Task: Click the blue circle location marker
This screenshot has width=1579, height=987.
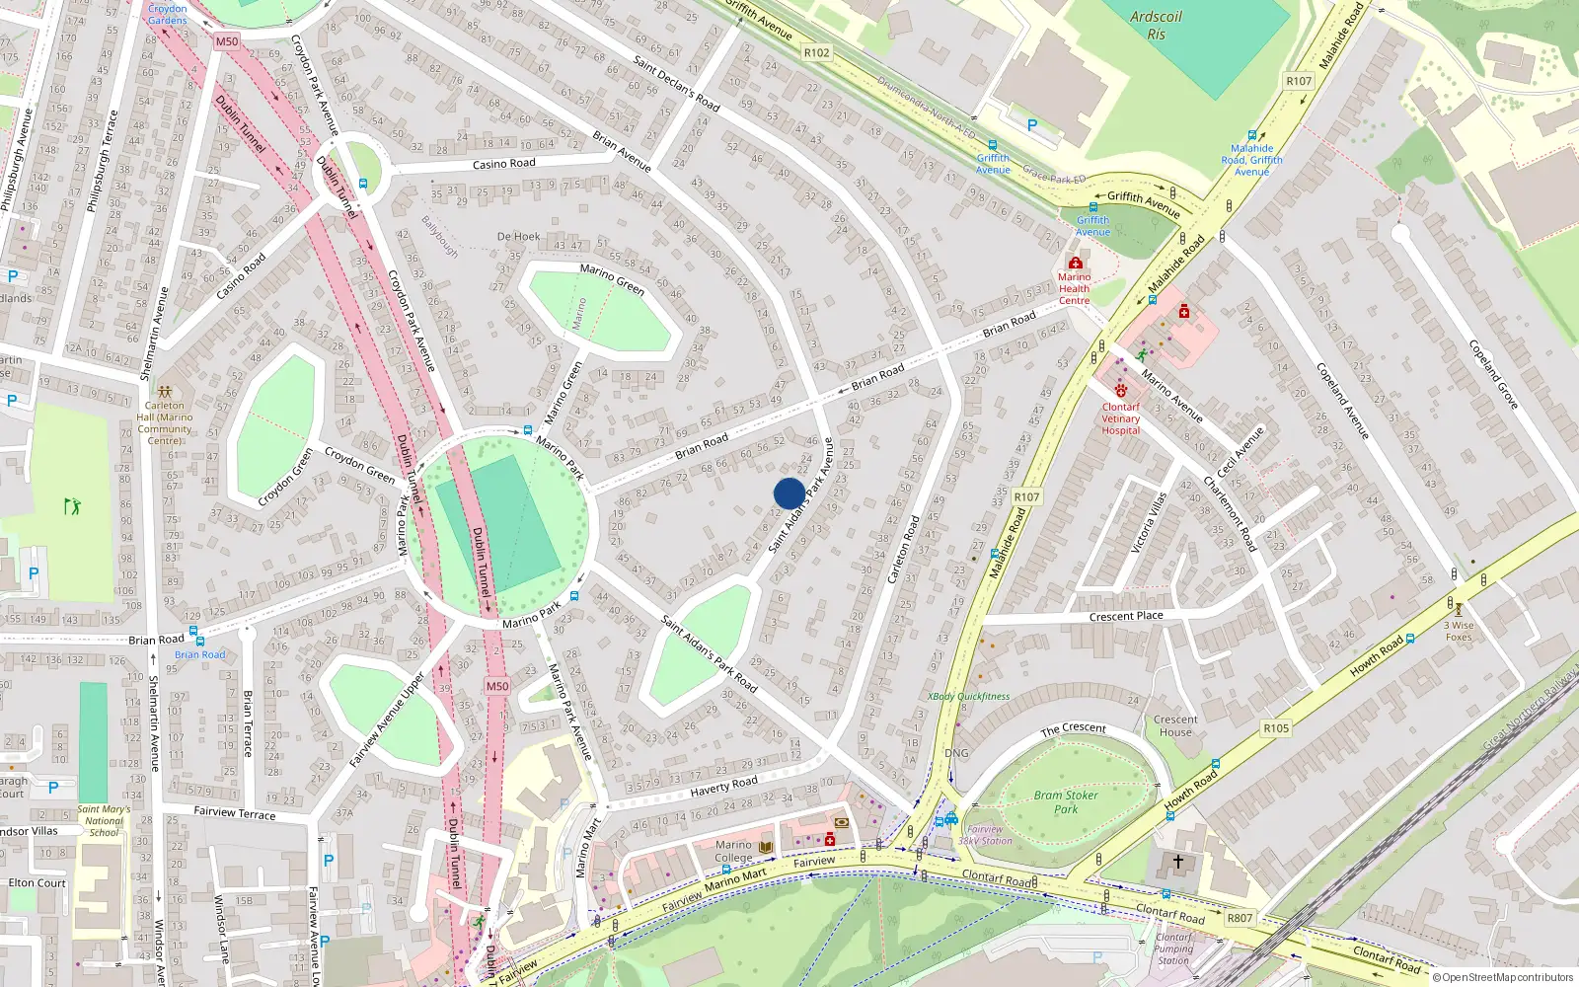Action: [x=789, y=493]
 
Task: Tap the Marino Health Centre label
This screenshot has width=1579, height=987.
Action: [x=1075, y=288]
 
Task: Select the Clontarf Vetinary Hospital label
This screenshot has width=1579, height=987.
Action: [x=1120, y=418]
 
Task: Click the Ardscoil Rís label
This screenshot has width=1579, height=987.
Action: [x=1156, y=26]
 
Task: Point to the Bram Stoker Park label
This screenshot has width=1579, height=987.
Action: [x=1066, y=801]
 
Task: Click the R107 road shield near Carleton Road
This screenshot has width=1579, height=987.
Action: [x=1026, y=497]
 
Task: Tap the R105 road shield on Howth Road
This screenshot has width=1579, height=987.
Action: [x=1276, y=728]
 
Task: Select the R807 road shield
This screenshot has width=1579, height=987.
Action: [x=1240, y=918]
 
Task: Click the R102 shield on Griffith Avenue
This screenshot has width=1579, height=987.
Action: [x=816, y=52]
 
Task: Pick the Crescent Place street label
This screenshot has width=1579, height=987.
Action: [x=1126, y=616]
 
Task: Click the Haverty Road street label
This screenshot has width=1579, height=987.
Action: [x=723, y=786]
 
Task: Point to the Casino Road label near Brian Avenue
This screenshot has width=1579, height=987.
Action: [x=503, y=164]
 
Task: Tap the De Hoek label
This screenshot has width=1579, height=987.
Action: [x=518, y=237]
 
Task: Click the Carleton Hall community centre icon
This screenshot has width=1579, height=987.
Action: [x=164, y=391]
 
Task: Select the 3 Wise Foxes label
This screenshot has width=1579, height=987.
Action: [x=1459, y=631]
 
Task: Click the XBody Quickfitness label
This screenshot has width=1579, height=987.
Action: [x=968, y=696]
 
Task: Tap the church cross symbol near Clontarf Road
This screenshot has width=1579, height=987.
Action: [x=1177, y=862]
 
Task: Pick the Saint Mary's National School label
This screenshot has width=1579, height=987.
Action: [x=104, y=821]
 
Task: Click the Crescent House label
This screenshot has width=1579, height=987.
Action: [x=1175, y=725]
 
